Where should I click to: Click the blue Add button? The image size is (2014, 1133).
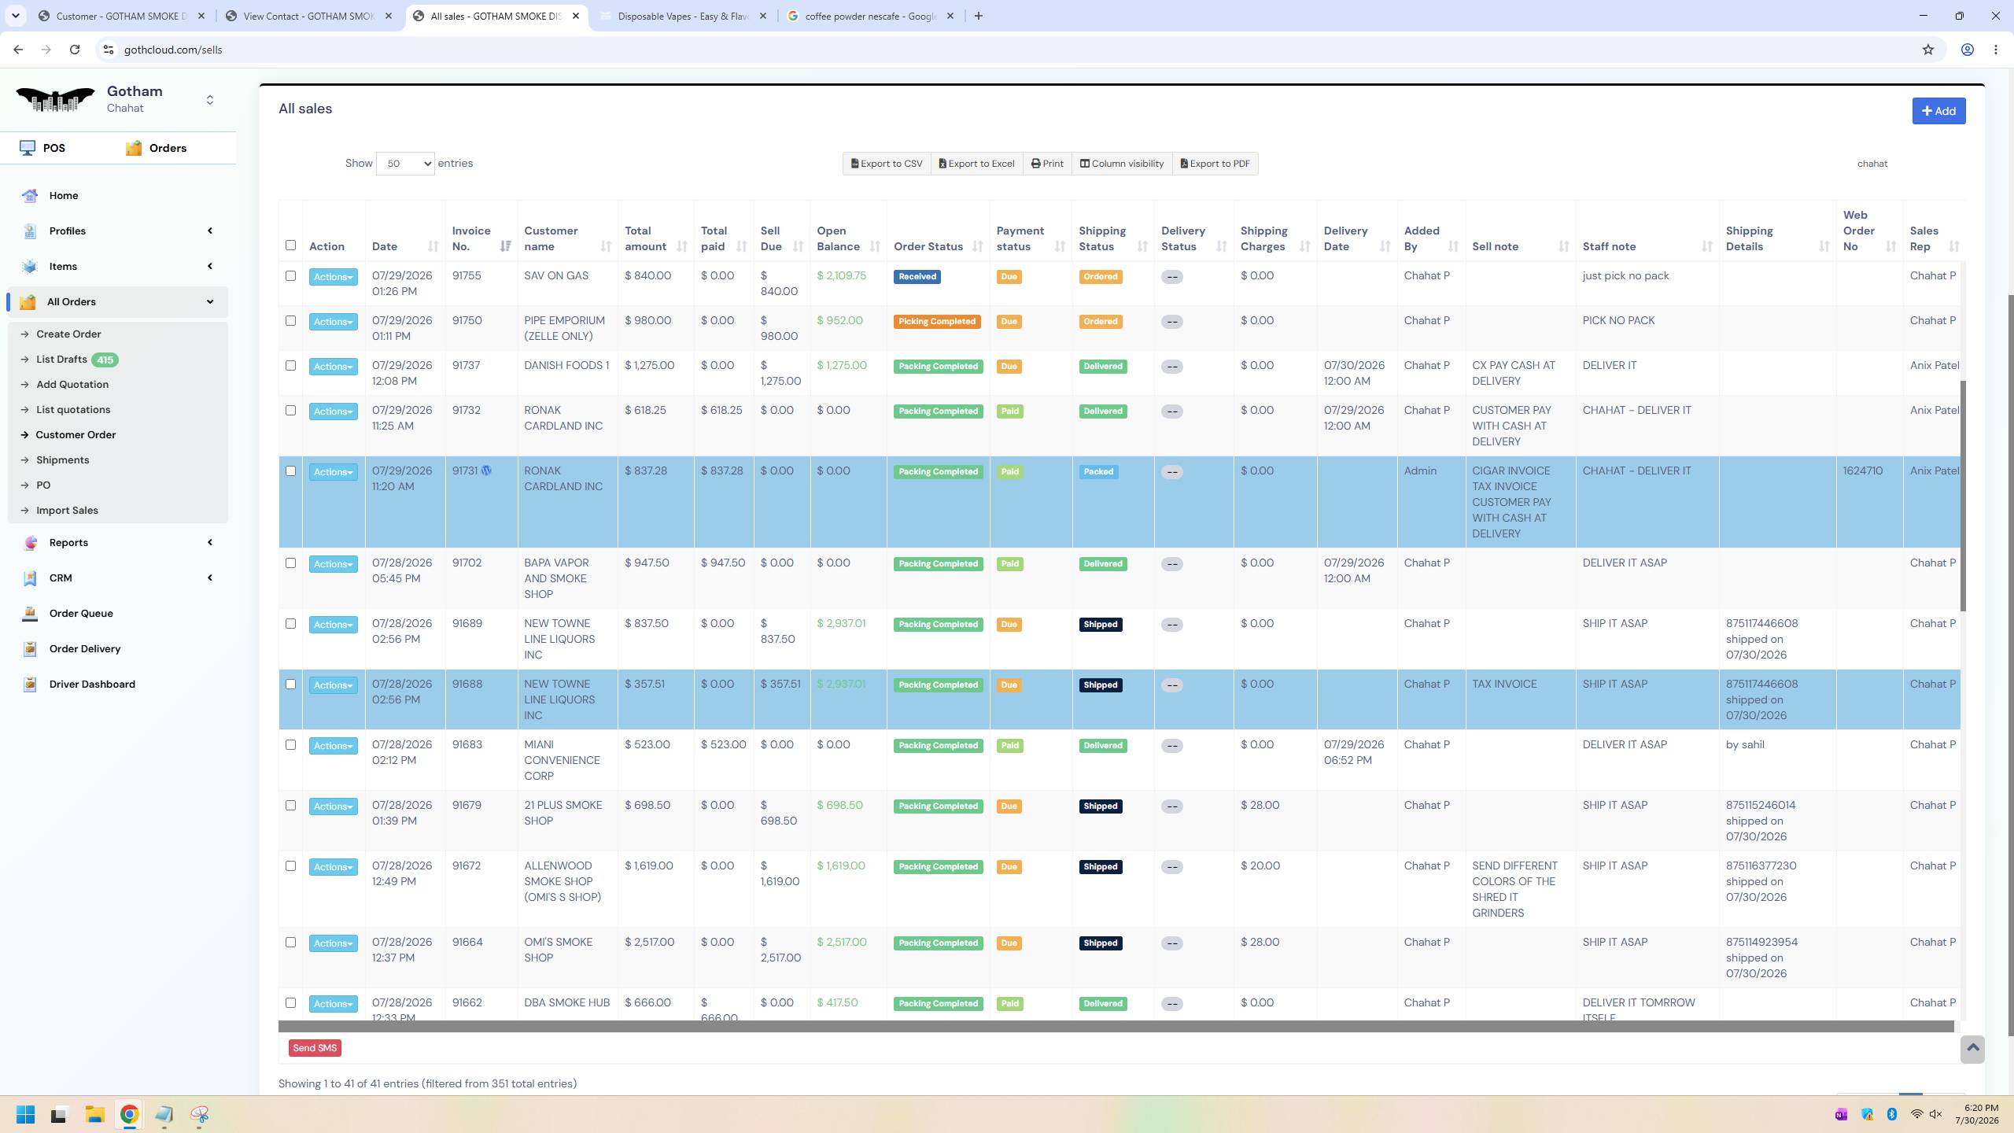point(1938,111)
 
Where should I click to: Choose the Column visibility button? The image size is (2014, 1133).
point(1122,164)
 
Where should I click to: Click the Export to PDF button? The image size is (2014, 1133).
point(1215,164)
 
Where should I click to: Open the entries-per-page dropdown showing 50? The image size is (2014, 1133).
point(405,164)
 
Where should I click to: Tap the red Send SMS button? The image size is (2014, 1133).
point(315,1048)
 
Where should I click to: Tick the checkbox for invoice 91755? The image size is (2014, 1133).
point(290,276)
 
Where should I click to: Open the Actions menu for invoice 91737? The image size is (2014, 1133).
point(333,367)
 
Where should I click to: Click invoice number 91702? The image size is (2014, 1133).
point(467,563)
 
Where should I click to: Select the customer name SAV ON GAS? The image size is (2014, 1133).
point(556,276)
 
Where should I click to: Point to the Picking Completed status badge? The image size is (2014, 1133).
point(937,322)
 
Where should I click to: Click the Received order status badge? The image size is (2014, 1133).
point(917,277)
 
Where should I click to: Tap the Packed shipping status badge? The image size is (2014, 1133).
point(1098,472)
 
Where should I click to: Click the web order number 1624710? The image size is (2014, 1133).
point(1863,471)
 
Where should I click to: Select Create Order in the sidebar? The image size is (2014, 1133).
point(68,334)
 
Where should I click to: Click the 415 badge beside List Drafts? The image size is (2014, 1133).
point(105,360)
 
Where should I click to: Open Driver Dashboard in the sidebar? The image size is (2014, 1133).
point(92,685)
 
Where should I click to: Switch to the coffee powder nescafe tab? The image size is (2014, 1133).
point(870,16)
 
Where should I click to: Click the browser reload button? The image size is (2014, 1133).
point(75,50)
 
